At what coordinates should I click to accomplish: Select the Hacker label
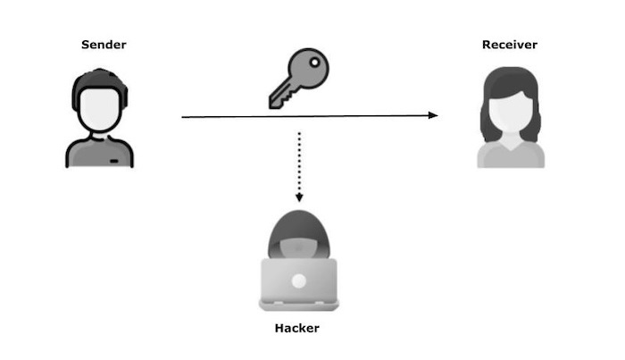point(298,329)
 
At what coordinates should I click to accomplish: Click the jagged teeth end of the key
point(276,98)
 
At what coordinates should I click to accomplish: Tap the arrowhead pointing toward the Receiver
point(433,115)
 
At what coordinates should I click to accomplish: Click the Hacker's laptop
point(298,281)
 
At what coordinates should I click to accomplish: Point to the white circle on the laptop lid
point(298,280)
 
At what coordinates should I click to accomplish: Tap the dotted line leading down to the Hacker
point(299,161)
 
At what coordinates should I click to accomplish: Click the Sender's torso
point(98,154)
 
